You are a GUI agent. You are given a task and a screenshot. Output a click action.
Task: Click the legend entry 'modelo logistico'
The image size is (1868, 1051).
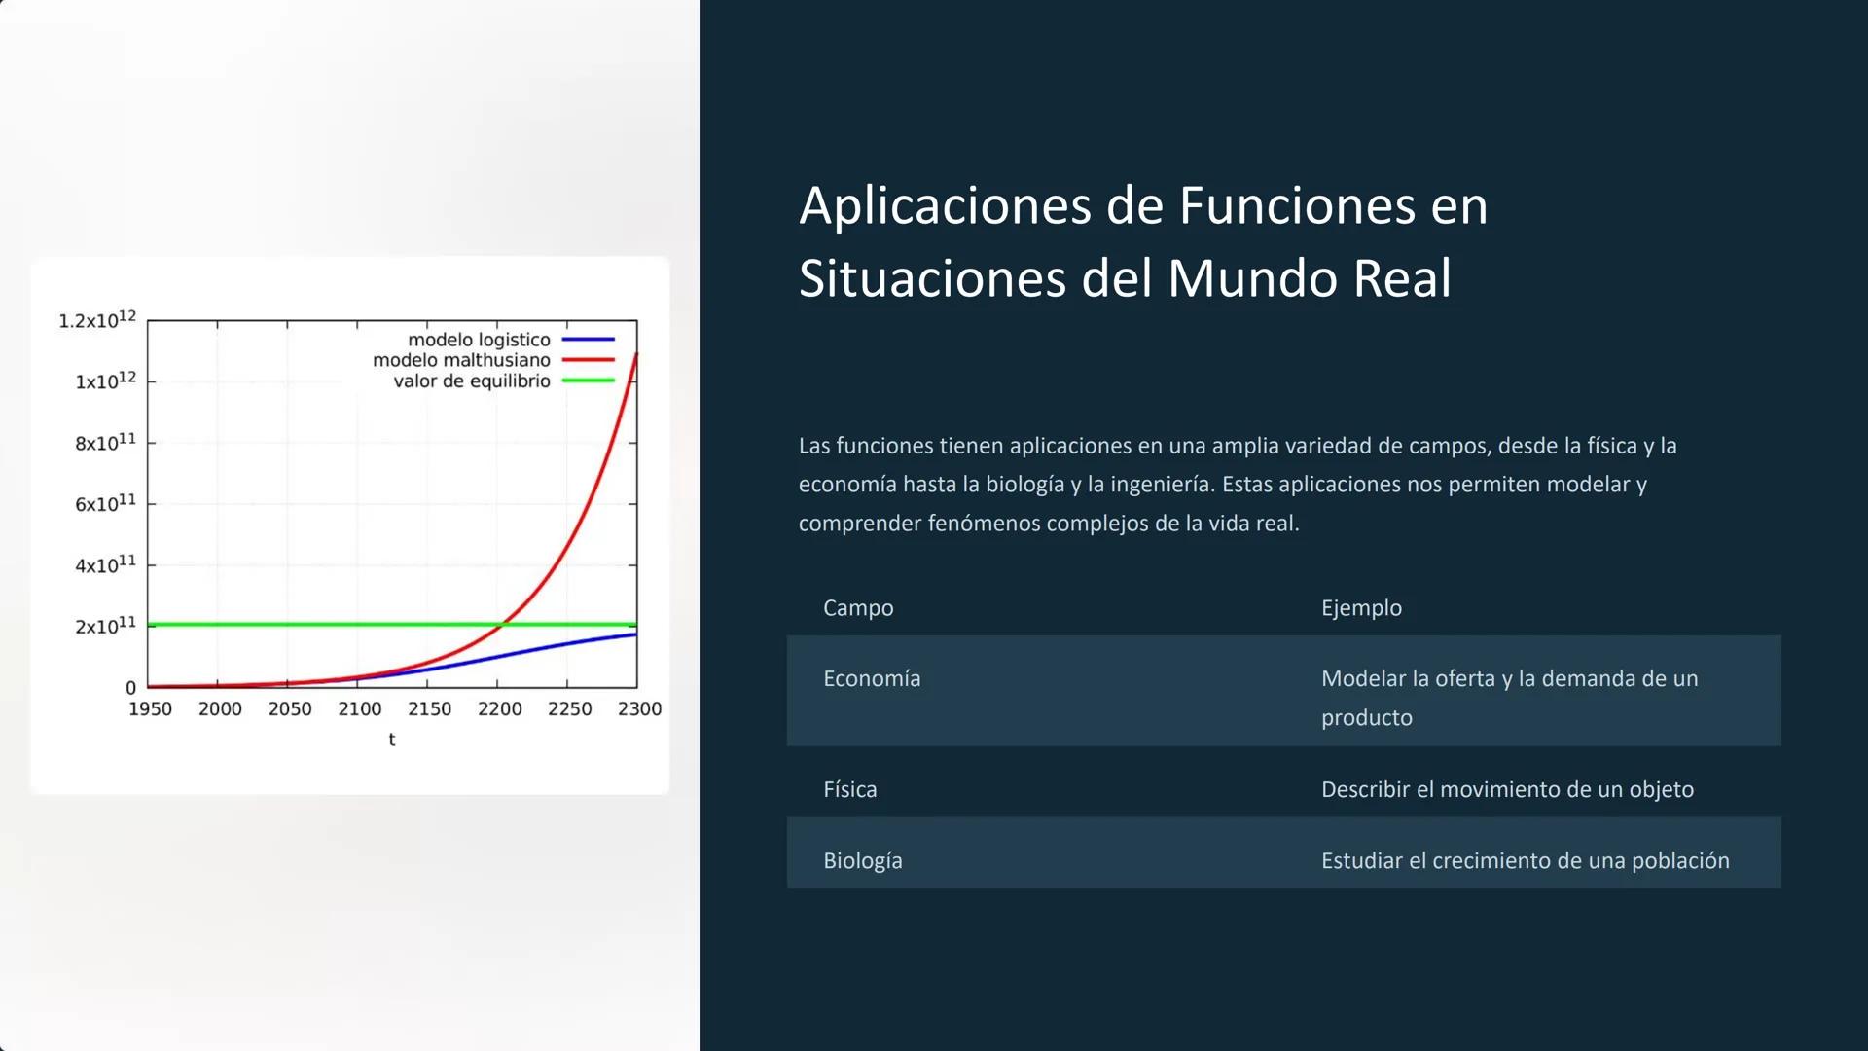(x=479, y=340)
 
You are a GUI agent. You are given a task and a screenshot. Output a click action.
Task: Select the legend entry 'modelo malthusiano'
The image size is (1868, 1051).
(x=461, y=360)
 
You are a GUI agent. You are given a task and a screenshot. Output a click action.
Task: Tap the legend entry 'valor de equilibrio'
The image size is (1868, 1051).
(x=472, y=381)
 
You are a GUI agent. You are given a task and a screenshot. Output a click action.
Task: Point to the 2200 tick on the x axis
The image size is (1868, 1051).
(x=499, y=709)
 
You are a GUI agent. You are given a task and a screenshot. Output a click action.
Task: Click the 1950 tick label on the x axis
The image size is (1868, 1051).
(x=150, y=709)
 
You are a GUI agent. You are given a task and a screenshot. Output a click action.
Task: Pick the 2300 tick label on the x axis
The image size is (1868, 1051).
(x=639, y=709)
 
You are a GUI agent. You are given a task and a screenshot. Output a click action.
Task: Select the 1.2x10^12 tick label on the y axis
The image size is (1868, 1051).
(x=97, y=320)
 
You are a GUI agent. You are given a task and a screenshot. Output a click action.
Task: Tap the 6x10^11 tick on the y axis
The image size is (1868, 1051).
(x=105, y=503)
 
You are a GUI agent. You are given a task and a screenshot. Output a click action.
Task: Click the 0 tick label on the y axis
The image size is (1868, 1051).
(x=131, y=688)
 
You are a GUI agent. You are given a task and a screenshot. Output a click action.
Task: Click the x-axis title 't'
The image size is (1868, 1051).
(x=392, y=740)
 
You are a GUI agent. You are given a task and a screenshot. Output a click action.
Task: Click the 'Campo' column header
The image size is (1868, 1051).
(x=858, y=608)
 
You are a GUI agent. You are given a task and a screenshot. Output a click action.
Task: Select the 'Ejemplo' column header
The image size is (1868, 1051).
(x=1361, y=608)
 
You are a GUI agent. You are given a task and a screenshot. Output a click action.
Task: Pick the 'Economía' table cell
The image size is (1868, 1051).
(x=872, y=679)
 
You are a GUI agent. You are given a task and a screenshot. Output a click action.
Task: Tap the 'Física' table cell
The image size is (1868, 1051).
(x=849, y=789)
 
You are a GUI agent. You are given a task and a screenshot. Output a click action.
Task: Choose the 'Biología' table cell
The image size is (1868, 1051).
(x=862, y=861)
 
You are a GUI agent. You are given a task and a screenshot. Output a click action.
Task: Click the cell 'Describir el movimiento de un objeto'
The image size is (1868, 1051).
(x=1507, y=789)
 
